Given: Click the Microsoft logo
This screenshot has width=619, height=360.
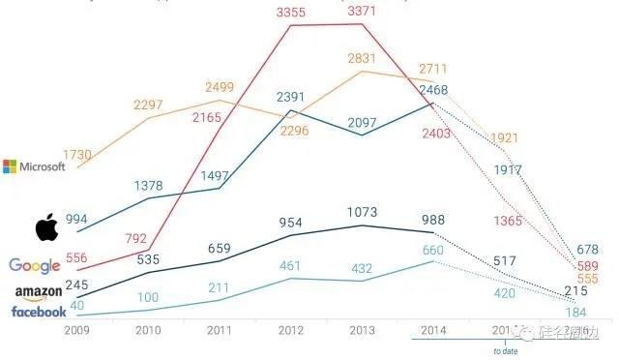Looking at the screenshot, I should click(34, 166).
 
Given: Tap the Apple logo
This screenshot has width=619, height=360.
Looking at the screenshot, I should click(46, 229).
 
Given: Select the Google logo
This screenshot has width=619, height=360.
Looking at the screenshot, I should click(34, 266).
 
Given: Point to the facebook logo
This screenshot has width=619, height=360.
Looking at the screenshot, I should click(39, 312).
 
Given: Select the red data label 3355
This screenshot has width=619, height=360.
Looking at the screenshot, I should click(294, 11).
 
